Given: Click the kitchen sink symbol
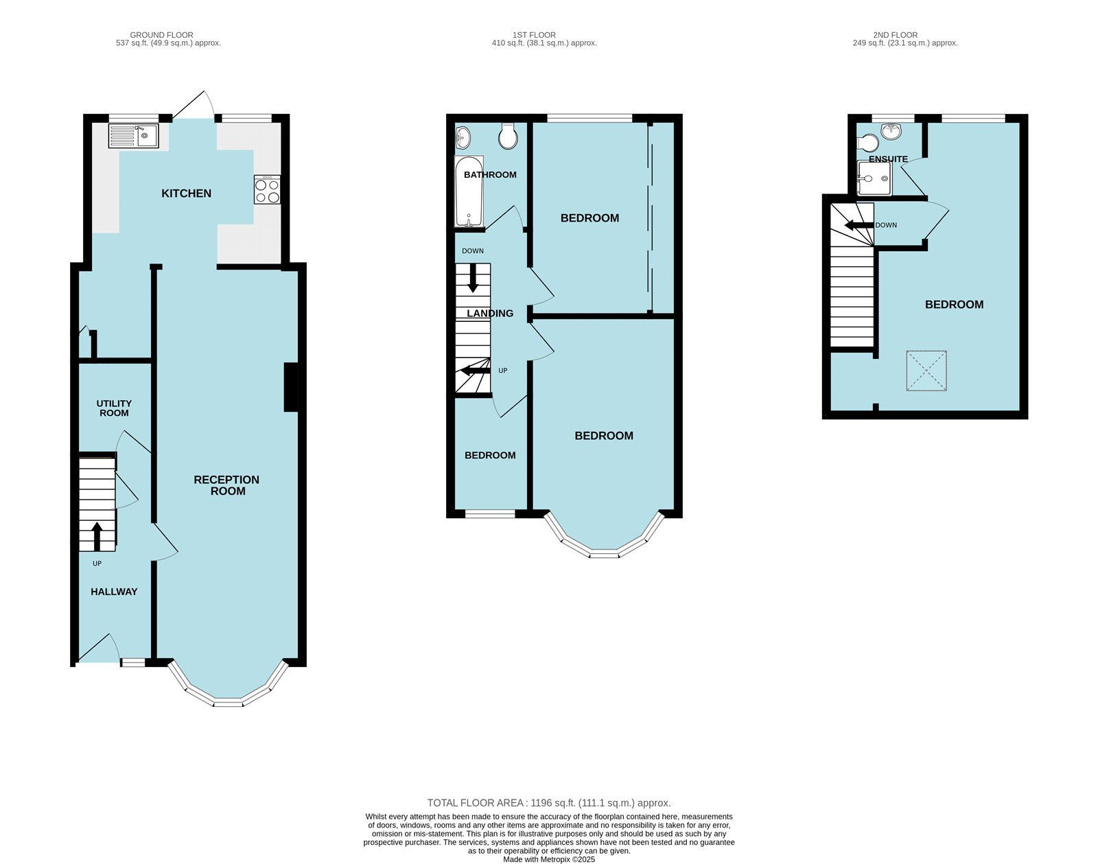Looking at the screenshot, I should pyautogui.click(x=133, y=135).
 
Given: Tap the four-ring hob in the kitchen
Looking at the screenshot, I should pyautogui.click(x=267, y=189).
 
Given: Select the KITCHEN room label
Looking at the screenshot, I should pyautogui.click(x=186, y=194).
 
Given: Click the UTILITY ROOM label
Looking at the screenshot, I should pyautogui.click(x=114, y=408).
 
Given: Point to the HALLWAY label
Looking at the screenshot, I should pyautogui.click(x=114, y=592).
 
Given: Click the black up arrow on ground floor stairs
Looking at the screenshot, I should pyautogui.click(x=97, y=536).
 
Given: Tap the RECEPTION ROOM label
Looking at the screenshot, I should pyautogui.click(x=227, y=485).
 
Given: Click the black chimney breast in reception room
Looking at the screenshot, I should pyautogui.click(x=291, y=387).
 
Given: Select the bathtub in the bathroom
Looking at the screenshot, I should pyautogui.click(x=469, y=191).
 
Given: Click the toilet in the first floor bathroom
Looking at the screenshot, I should pyautogui.click(x=509, y=137).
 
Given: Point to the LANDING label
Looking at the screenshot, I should pyautogui.click(x=490, y=314).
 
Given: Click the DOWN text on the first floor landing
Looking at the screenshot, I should pyautogui.click(x=473, y=251).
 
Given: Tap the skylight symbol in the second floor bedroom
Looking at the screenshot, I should pyautogui.click(x=926, y=371).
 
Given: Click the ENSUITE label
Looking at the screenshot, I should pyautogui.click(x=888, y=159).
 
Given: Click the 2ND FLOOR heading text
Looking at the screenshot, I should pyautogui.click(x=896, y=35).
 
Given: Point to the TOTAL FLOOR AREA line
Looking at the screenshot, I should pyautogui.click(x=549, y=803).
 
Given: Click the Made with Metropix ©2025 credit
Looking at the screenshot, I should pyautogui.click(x=549, y=859).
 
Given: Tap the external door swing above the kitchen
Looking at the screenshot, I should pyautogui.click(x=196, y=105).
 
